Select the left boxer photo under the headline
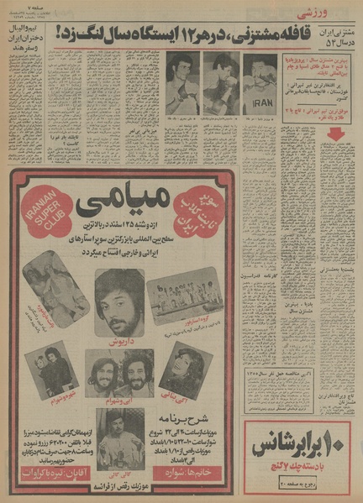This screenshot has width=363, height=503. point(181,84)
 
